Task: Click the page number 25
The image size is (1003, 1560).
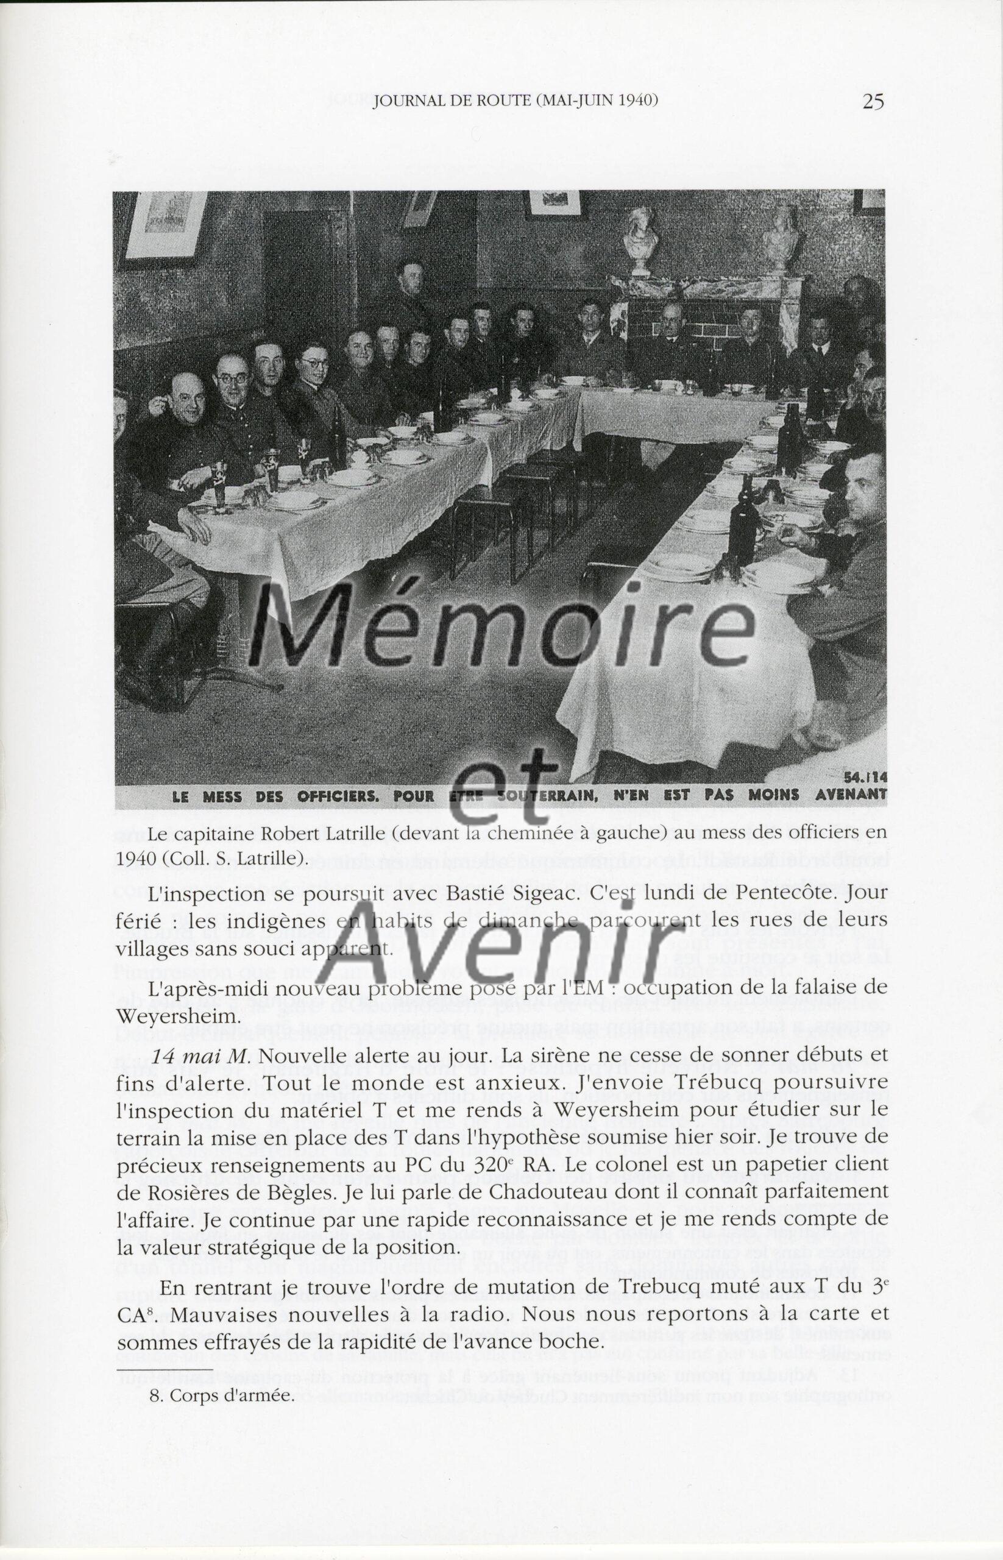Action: (x=873, y=102)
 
